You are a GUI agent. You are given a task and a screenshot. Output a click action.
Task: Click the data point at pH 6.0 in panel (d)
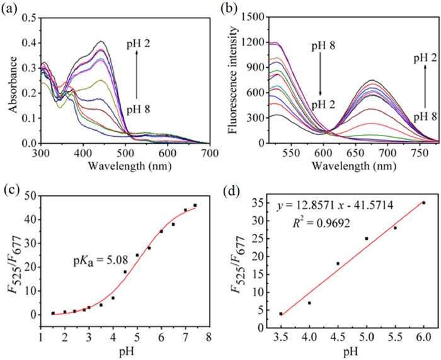tap(423, 203)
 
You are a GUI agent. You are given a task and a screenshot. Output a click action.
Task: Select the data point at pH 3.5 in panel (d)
tap(280, 313)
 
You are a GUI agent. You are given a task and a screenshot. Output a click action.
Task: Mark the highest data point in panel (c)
tap(195, 206)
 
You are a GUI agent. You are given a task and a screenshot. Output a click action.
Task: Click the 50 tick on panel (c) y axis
tap(32, 195)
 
